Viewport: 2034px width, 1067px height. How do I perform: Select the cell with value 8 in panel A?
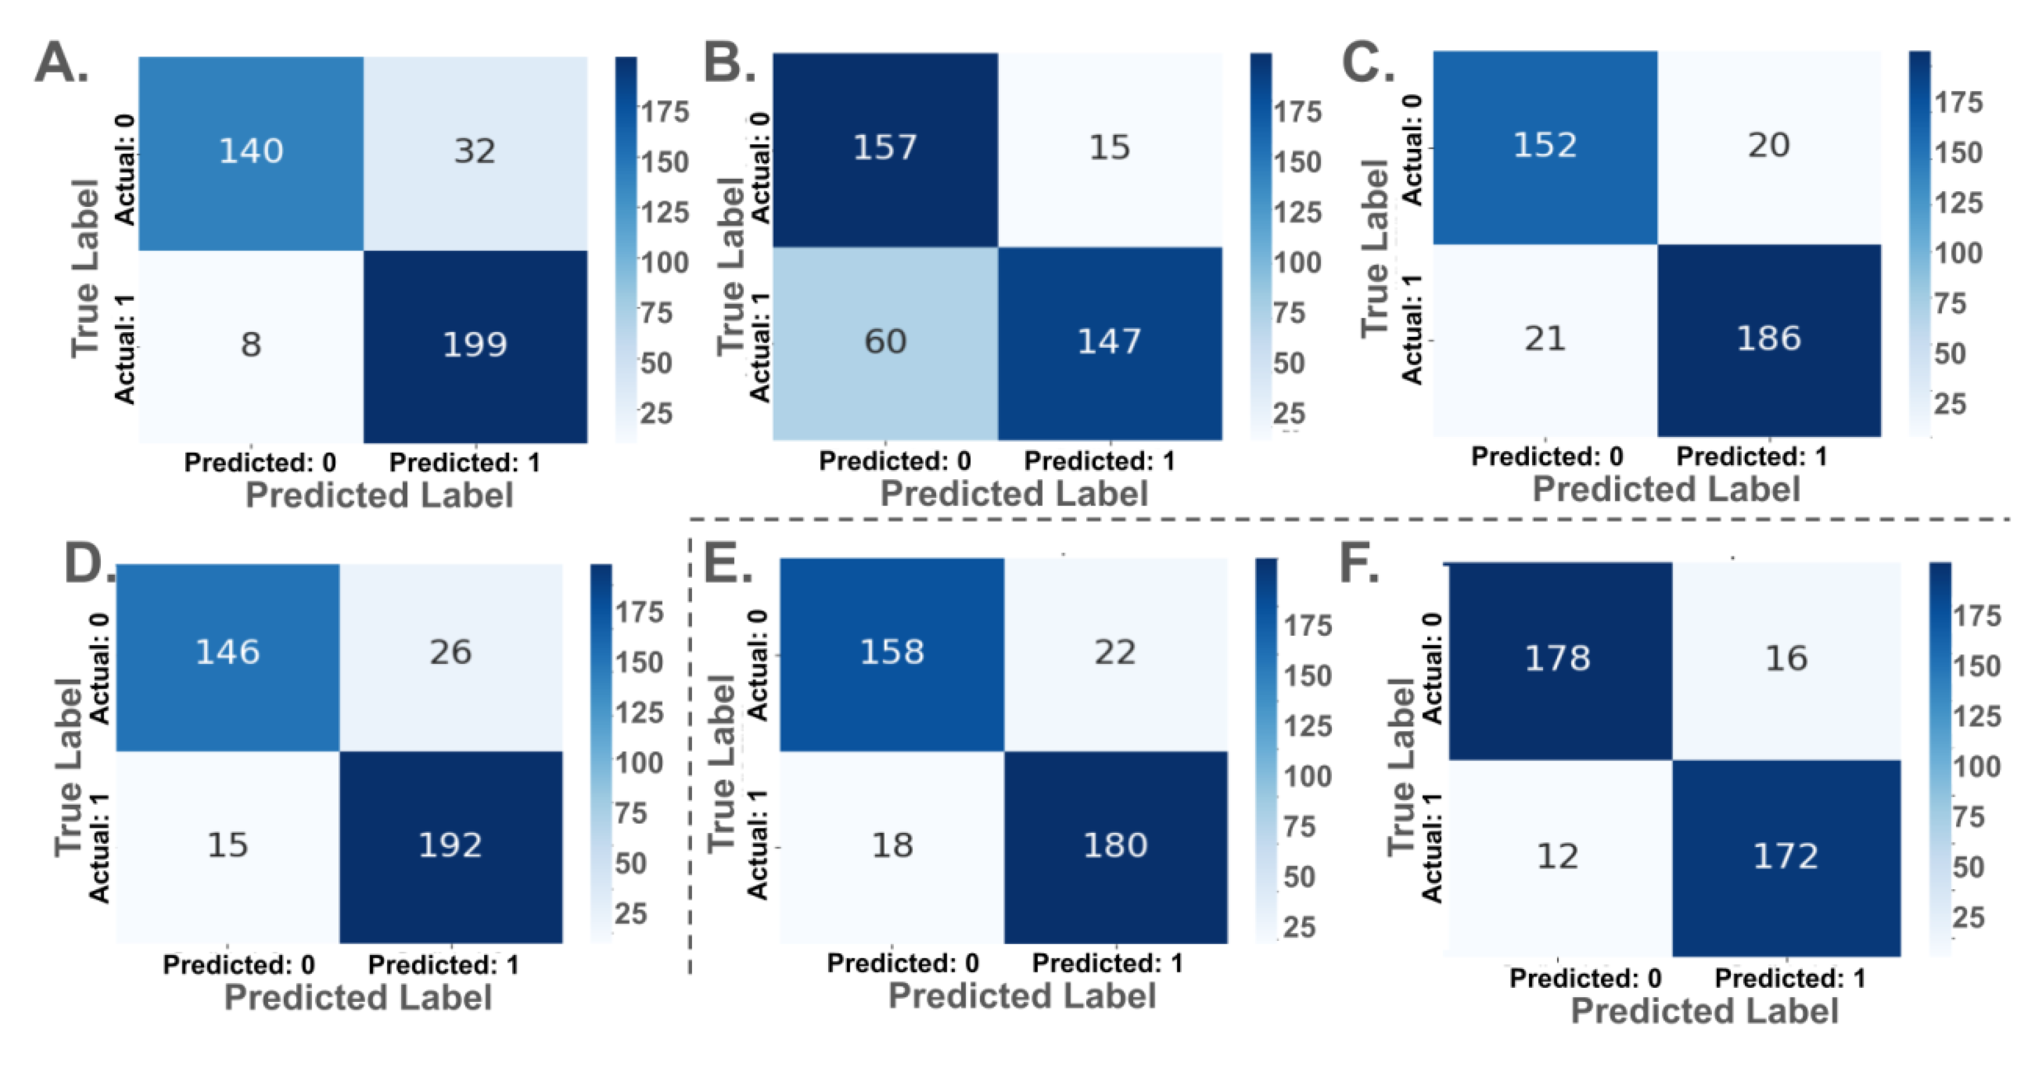pyautogui.click(x=251, y=345)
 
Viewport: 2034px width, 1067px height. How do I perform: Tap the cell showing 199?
pyautogui.click(x=474, y=345)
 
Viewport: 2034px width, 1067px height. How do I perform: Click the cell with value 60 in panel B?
pyautogui.click(x=885, y=342)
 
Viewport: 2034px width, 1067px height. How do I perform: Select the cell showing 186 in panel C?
pyautogui.click(x=1769, y=339)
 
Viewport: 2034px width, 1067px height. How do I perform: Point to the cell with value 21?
pyautogui.click(x=1544, y=339)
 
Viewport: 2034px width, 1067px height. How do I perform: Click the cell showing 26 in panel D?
pyautogui.click(x=450, y=652)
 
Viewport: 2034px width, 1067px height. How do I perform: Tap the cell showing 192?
pyautogui.click(x=450, y=846)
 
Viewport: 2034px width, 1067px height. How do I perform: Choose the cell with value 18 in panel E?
pyautogui.click(x=892, y=846)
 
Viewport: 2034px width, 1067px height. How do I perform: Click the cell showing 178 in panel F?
pyautogui.click(x=1557, y=659)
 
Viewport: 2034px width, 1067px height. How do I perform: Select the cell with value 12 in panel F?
pyautogui.click(x=1557, y=857)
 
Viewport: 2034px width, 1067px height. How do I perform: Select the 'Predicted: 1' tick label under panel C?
pyautogui.click(x=1751, y=456)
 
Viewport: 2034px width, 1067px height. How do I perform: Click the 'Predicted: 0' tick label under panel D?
pyautogui.click(x=239, y=965)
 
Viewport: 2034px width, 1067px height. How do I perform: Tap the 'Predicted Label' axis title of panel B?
pyautogui.click(x=1014, y=494)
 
